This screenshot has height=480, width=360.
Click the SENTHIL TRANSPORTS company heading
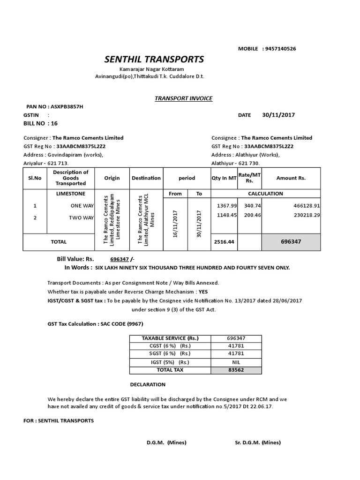pyautogui.click(x=154, y=60)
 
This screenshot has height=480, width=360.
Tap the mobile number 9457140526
pyautogui.click(x=280, y=49)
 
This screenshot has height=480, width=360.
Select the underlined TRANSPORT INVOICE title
pyautogui.click(x=184, y=98)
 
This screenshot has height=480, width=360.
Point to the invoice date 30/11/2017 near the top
pyautogui.click(x=278, y=115)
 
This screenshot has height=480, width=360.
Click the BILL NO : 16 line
pyautogui.click(x=40, y=123)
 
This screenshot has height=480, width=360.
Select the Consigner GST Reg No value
pyautogui.click(x=81, y=146)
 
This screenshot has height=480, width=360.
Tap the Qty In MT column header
pyautogui.click(x=224, y=178)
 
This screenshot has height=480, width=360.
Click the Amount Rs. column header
pyautogui.click(x=291, y=178)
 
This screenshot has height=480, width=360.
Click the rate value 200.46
pyautogui.click(x=249, y=215)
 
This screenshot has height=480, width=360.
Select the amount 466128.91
pyautogui.click(x=304, y=206)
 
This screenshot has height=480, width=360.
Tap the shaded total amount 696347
pyautogui.click(x=291, y=242)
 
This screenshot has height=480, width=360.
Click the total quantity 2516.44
pyautogui.click(x=224, y=242)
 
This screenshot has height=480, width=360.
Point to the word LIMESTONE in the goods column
pyautogui.click(x=70, y=193)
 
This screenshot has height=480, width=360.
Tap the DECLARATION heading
pyautogui.click(x=148, y=385)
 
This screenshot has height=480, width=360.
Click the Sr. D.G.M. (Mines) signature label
pyautogui.click(x=257, y=442)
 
